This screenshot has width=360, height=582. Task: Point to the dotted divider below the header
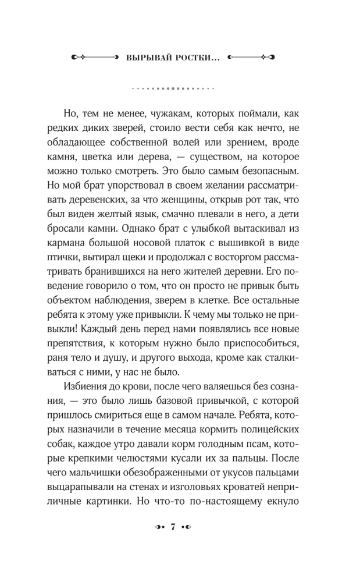point(173,89)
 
